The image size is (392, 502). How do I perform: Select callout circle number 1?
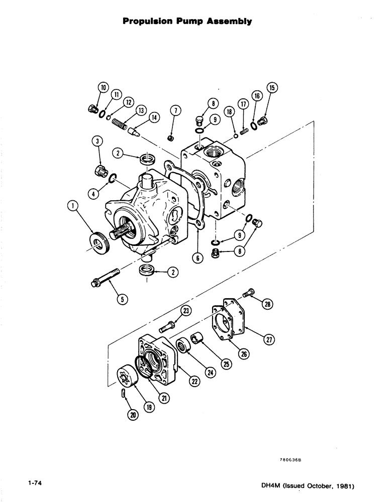(73, 206)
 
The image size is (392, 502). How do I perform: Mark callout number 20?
(132, 415)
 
